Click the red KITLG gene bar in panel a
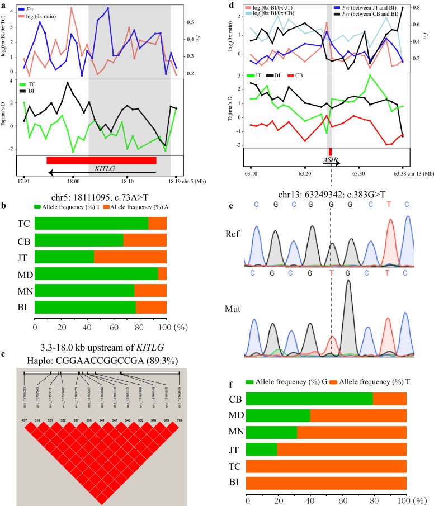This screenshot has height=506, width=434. (101, 160)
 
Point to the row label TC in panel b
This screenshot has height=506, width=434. (23, 224)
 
